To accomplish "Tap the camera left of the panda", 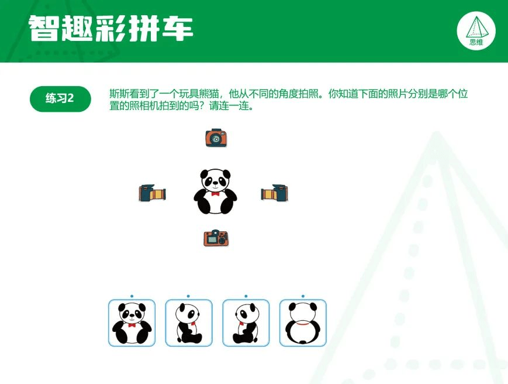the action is (152, 193).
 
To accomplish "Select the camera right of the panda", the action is (274, 193).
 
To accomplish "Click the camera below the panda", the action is (216, 238).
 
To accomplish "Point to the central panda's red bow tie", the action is (216, 194).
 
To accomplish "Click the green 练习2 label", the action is (60, 98).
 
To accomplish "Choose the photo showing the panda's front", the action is (132, 323).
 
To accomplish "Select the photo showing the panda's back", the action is (303, 323).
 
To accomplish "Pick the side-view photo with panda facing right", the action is (189, 323).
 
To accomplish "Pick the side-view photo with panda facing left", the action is (246, 323).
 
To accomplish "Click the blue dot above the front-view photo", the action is (132, 296).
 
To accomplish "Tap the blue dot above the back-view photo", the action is (303, 296).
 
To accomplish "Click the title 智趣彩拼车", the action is (111, 28).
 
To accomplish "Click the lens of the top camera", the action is (215, 139).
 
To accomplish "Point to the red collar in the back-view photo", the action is (303, 323).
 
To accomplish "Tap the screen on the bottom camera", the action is (212, 239).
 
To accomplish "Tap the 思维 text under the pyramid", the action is (476, 42).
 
